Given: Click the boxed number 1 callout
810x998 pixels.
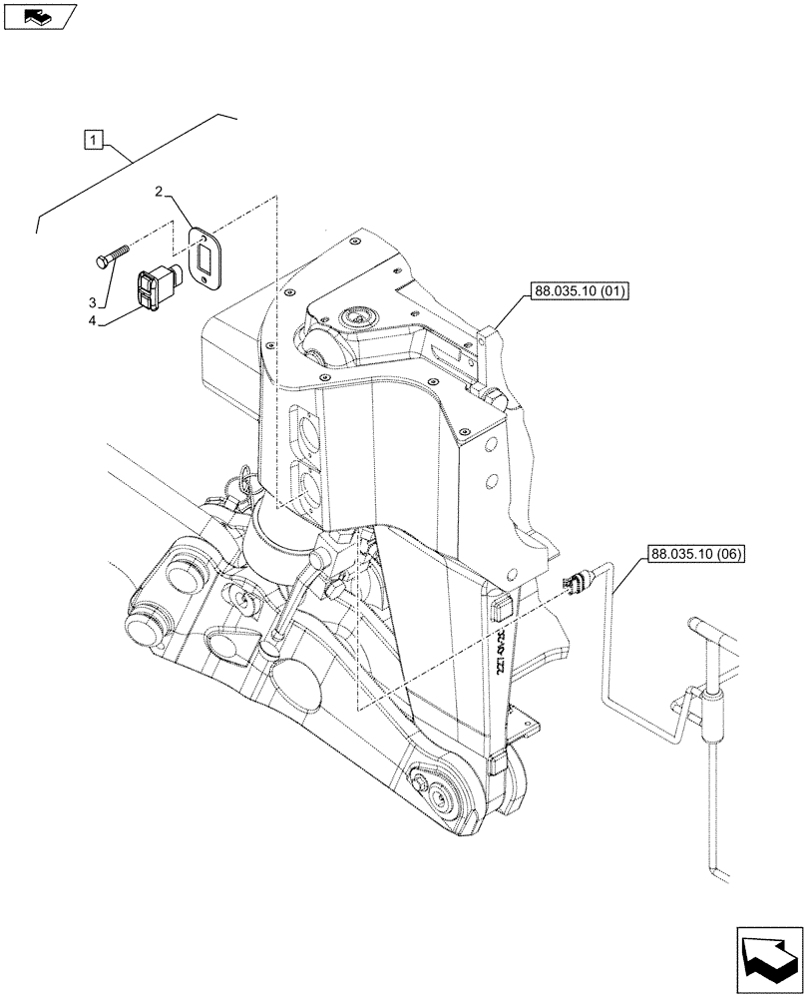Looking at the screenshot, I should [x=93, y=140].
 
